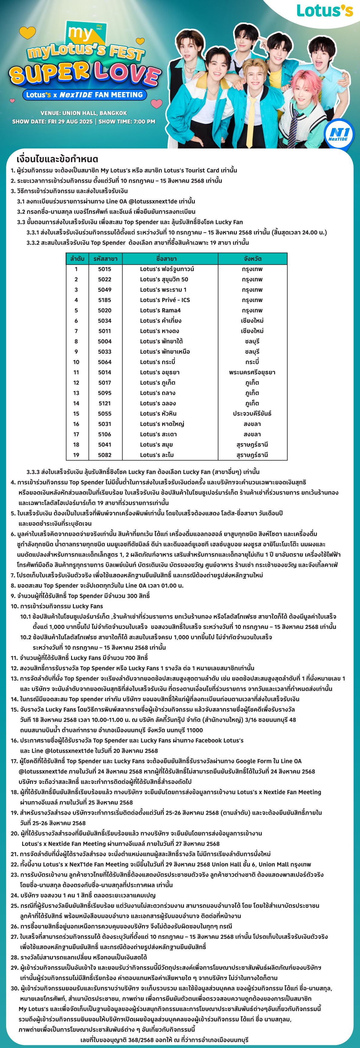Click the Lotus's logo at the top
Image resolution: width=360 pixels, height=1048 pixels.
coord(325,11)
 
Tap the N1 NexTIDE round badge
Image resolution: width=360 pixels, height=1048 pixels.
coord(339,134)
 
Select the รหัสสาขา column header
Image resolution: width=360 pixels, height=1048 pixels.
coord(105,258)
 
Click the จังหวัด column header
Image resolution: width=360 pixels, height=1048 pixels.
coord(252,258)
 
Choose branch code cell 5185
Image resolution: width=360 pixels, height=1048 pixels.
coord(105,300)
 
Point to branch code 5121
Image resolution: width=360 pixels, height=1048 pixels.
coord(105,403)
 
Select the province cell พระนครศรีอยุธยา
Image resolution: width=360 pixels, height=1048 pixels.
coord(252,372)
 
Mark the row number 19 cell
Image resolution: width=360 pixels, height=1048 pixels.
coord(76,455)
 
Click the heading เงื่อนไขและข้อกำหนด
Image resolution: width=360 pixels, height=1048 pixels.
coord(57,159)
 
